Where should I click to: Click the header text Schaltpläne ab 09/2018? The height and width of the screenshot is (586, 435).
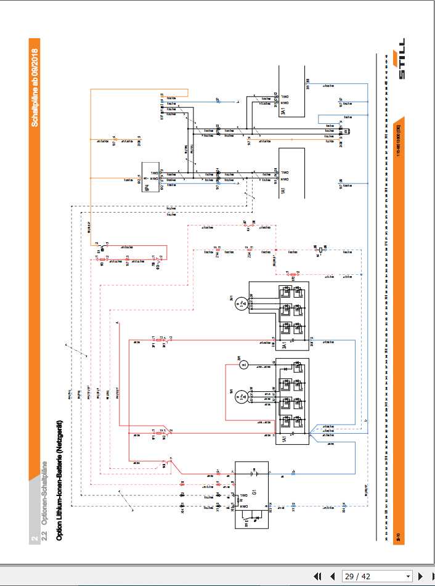pos(35,88)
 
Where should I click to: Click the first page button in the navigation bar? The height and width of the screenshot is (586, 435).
pos(317,576)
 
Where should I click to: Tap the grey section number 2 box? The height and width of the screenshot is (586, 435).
pos(35,538)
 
